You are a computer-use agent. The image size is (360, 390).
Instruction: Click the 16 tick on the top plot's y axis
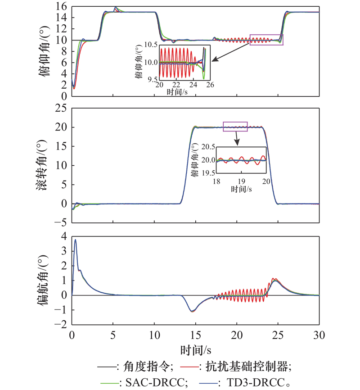tap(62, 6)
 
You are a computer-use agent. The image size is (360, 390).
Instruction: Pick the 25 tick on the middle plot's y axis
tap(62, 108)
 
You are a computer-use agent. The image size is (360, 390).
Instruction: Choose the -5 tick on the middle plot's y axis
tap(61, 222)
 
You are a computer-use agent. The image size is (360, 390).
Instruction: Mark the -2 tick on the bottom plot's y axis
tap(61, 324)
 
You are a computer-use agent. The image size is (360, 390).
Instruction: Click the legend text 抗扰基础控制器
tap(245, 367)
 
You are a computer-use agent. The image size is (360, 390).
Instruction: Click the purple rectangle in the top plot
tap(266, 40)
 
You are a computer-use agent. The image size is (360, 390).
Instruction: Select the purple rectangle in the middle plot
tap(235, 127)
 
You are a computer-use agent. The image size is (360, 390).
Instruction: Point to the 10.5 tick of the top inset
tap(150, 45)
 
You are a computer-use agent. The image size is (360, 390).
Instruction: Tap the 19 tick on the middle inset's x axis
tap(241, 181)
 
